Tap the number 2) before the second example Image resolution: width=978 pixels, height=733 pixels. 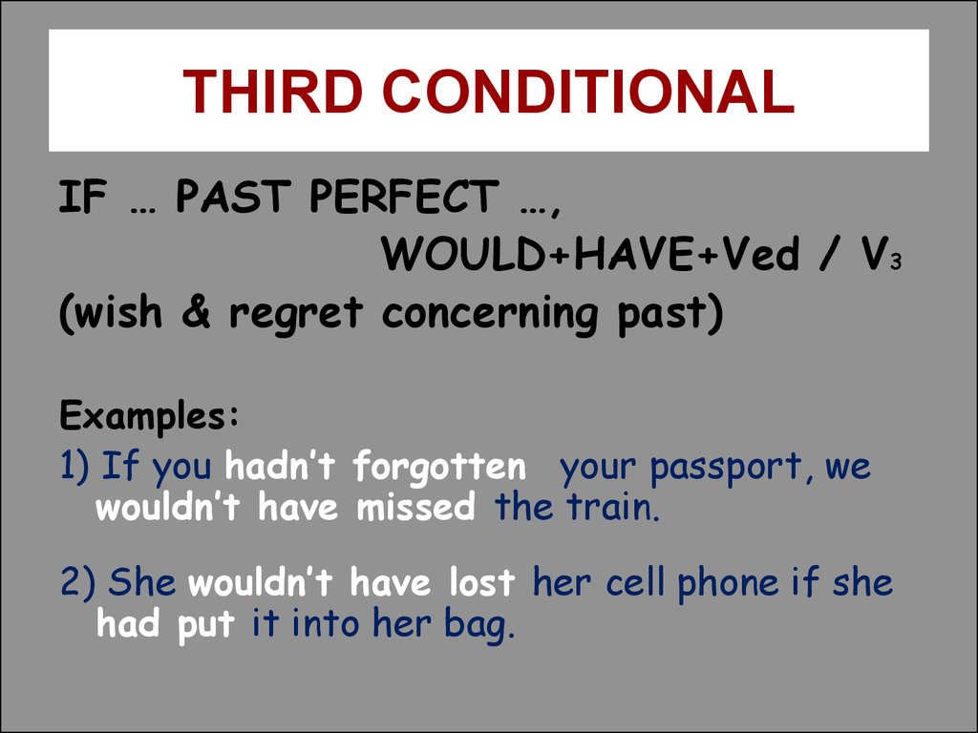pyautogui.click(x=76, y=582)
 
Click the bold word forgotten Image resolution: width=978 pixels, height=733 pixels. pyautogui.click(x=439, y=468)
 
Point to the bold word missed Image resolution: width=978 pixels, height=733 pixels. pyautogui.click(x=415, y=509)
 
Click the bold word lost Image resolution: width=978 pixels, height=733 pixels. pyautogui.click(x=481, y=582)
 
